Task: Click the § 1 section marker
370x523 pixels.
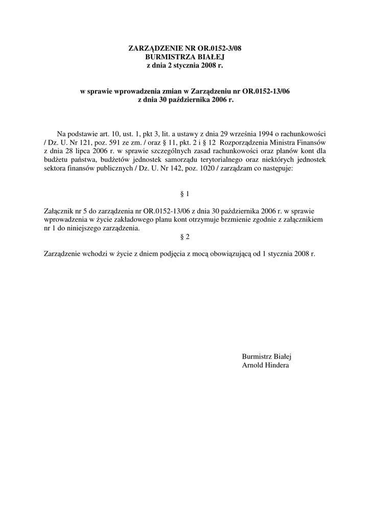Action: [x=185, y=194]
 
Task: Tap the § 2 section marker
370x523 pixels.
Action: [x=185, y=236]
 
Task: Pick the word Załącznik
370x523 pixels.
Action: [x=60, y=211]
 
